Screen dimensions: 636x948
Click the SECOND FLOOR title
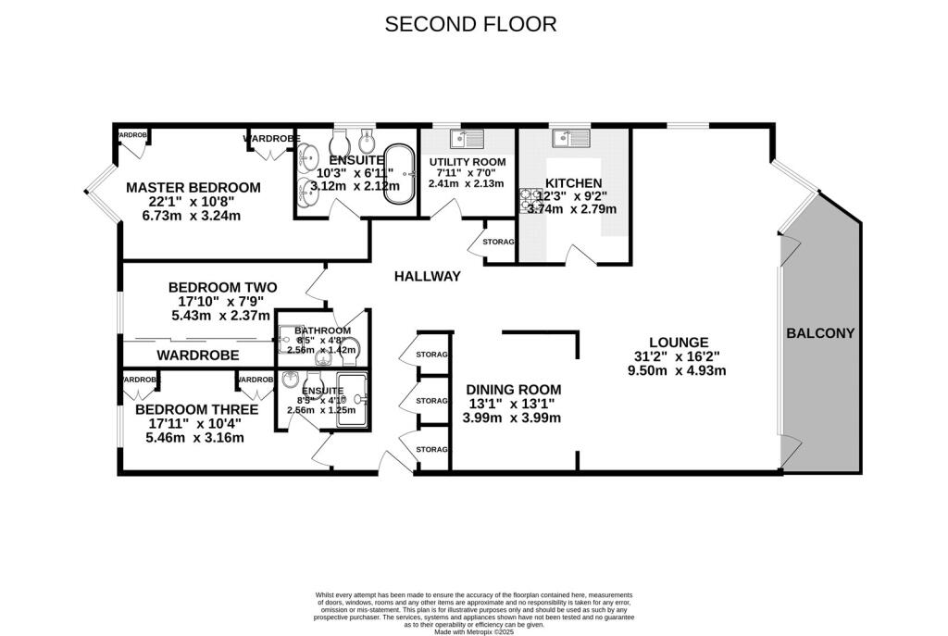(x=470, y=24)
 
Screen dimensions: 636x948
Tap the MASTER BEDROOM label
(x=193, y=187)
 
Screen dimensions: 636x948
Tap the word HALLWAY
(x=427, y=276)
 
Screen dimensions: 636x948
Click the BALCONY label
(x=820, y=333)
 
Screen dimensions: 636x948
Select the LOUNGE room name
(x=678, y=342)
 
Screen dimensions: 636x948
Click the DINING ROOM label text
(x=513, y=389)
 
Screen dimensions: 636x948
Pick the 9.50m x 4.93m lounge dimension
(x=678, y=370)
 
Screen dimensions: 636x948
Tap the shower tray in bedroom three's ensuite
(x=352, y=399)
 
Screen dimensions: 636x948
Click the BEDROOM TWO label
(x=222, y=287)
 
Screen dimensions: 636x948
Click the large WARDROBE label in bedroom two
(x=197, y=355)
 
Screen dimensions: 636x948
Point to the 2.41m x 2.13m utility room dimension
(x=466, y=183)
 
